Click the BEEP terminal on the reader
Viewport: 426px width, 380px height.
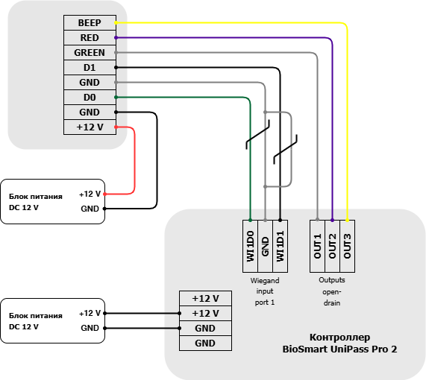(x=90, y=23)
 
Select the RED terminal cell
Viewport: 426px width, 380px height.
(x=90, y=38)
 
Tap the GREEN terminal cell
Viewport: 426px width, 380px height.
(x=90, y=53)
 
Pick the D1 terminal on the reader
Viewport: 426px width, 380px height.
(x=90, y=68)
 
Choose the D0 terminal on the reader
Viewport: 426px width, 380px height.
(x=90, y=98)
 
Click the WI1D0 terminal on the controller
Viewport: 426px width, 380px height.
(x=250, y=246)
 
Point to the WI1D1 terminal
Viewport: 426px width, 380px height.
(x=280, y=246)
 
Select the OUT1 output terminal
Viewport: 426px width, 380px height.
(x=318, y=246)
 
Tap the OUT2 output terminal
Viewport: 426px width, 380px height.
(x=333, y=246)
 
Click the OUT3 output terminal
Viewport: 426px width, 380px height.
(x=348, y=246)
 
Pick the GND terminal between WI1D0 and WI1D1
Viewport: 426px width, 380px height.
(x=265, y=246)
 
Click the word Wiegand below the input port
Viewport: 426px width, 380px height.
(x=265, y=281)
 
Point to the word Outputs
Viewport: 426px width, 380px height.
(x=332, y=280)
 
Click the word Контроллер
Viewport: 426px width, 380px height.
(x=340, y=337)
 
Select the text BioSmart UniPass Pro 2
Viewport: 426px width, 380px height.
(x=340, y=349)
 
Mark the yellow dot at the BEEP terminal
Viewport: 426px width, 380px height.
(x=116, y=23)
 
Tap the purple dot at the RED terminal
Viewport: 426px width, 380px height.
(x=116, y=38)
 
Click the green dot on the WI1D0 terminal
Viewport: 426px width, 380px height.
(x=250, y=220)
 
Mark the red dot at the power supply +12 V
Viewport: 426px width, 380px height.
(x=105, y=194)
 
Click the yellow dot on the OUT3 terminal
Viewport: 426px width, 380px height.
(x=347, y=220)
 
